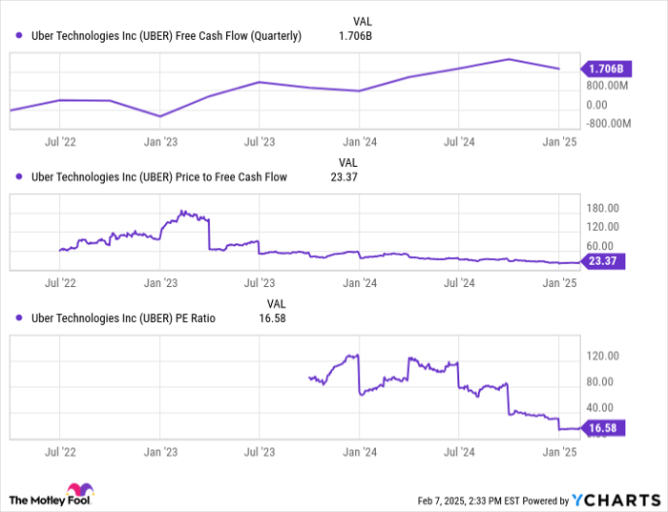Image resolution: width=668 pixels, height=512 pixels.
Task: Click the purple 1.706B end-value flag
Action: [603, 69]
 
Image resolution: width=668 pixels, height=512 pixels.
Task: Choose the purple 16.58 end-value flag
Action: [603, 429]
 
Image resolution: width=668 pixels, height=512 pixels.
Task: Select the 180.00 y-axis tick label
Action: [601, 208]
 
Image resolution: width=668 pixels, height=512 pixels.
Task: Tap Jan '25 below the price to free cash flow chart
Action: [558, 283]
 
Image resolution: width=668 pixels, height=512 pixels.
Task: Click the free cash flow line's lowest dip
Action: [160, 116]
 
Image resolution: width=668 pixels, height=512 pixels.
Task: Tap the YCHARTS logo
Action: [616, 500]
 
